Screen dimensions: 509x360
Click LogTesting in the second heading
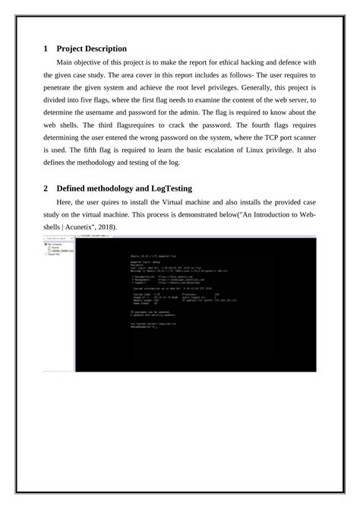tap(178, 188)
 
